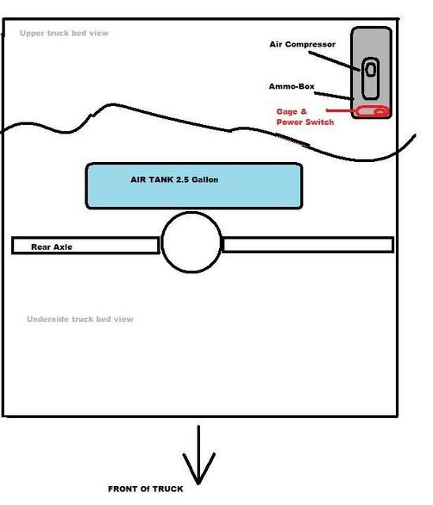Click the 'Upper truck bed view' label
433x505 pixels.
(x=64, y=33)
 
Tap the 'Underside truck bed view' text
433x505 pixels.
(x=80, y=319)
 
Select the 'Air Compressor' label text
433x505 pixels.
(x=303, y=44)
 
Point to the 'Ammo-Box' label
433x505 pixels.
(x=292, y=86)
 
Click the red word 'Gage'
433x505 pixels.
(x=287, y=111)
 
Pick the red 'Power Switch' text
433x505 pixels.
(x=305, y=122)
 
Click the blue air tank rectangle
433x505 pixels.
(x=194, y=187)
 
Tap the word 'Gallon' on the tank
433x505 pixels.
(x=205, y=179)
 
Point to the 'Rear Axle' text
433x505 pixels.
(x=51, y=247)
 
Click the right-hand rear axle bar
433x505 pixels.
(x=308, y=244)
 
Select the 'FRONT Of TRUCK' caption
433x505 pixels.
(x=145, y=489)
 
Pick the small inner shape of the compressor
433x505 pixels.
(x=371, y=70)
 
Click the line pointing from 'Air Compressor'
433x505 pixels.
(x=334, y=60)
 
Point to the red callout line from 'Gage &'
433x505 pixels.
(x=341, y=111)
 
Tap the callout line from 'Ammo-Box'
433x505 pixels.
(x=334, y=96)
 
